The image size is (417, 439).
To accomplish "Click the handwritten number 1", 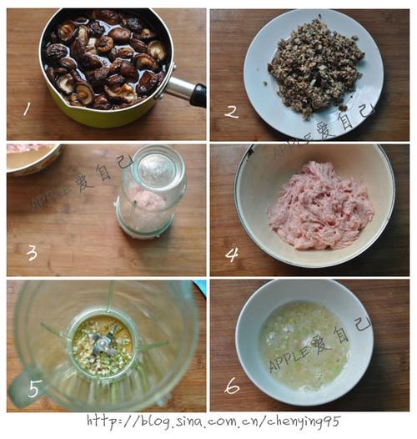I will pos(27,108).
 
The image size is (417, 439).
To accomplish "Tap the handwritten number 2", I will pos(231,111).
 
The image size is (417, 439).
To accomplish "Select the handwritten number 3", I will pos(32,252).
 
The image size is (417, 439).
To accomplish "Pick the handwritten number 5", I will pos(34,388).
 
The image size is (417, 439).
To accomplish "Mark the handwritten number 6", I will pos(232,386).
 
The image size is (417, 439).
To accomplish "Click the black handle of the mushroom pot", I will pos(197,94).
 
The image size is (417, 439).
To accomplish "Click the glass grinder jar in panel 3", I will pos(150,192).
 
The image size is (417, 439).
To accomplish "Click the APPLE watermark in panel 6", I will pos(288,360).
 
